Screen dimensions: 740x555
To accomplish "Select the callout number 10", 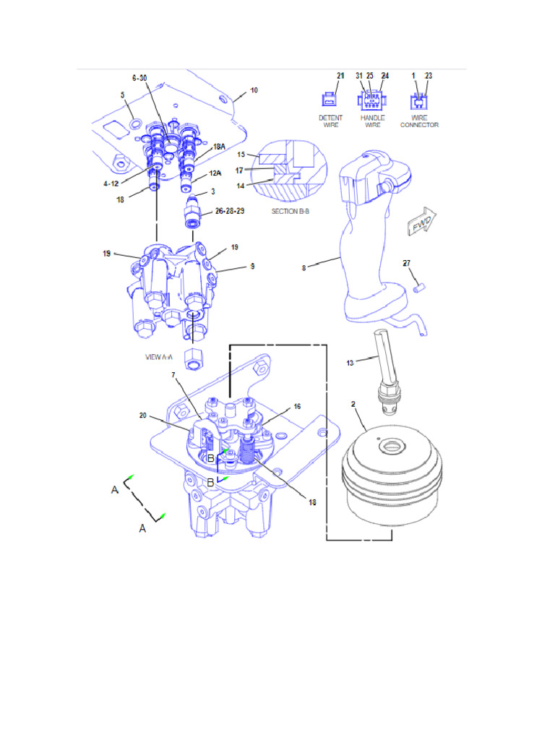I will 254,90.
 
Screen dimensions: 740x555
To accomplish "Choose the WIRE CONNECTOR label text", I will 420,121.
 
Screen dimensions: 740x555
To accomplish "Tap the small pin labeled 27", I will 417,287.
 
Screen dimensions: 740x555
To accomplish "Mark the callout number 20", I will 143,416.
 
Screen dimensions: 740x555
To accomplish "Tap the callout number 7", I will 173,374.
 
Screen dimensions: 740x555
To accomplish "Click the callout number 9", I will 252,266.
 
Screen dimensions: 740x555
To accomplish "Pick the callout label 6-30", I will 139,77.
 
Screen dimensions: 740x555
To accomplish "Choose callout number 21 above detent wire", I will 341,75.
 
